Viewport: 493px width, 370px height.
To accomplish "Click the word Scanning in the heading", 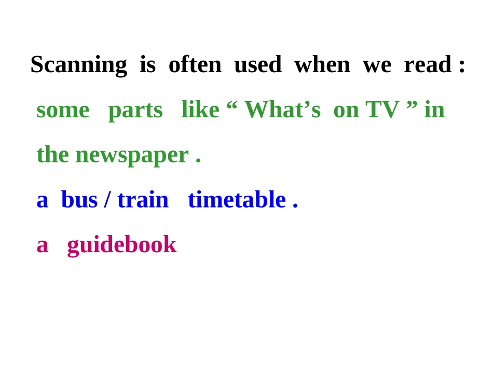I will pyautogui.click(x=78, y=65).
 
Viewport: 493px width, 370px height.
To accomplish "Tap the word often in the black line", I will pyautogui.click(x=195, y=64).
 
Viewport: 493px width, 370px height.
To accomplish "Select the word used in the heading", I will pyautogui.click(x=257, y=64).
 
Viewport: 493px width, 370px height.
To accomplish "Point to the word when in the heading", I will pyautogui.click(x=322, y=64).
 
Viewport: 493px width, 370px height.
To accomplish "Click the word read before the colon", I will pyautogui.click(x=427, y=64).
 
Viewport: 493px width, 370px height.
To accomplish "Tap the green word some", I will pyautogui.click(x=63, y=110).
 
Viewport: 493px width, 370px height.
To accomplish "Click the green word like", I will pyautogui.click(x=200, y=109).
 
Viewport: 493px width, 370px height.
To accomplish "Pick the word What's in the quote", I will pyautogui.click(x=282, y=109).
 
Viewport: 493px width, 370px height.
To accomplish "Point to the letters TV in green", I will pyautogui.click(x=382, y=109).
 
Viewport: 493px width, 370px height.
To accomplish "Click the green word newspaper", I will pyautogui.click(x=132, y=155).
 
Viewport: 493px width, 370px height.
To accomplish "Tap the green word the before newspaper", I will pyautogui.click(x=52, y=154).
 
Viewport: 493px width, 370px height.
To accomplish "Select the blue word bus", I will pyautogui.click(x=79, y=200).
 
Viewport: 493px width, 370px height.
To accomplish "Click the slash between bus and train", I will pyautogui.click(x=107, y=200).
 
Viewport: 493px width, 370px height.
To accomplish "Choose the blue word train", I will pyautogui.click(x=143, y=200).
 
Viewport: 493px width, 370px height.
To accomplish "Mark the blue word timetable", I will pyautogui.click(x=237, y=200).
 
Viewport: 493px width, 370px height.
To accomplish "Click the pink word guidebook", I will pyautogui.click(x=121, y=245).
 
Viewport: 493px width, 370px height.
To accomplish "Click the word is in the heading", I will pyautogui.click(x=147, y=64).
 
